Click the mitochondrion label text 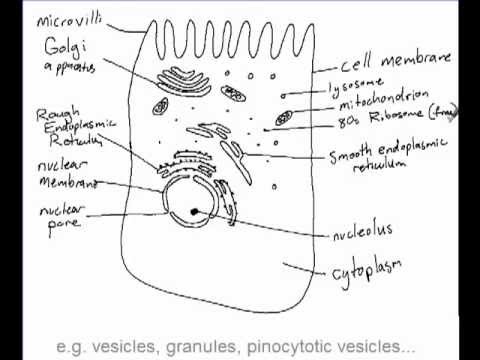click(x=380, y=103)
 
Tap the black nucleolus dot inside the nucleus click(x=190, y=212)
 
